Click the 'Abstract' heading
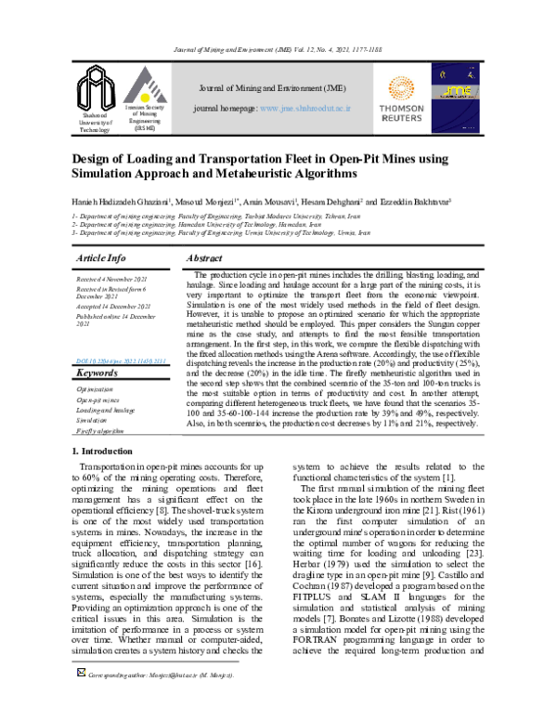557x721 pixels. [x=203, y=257]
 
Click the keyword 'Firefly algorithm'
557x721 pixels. [x=101, y=431]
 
